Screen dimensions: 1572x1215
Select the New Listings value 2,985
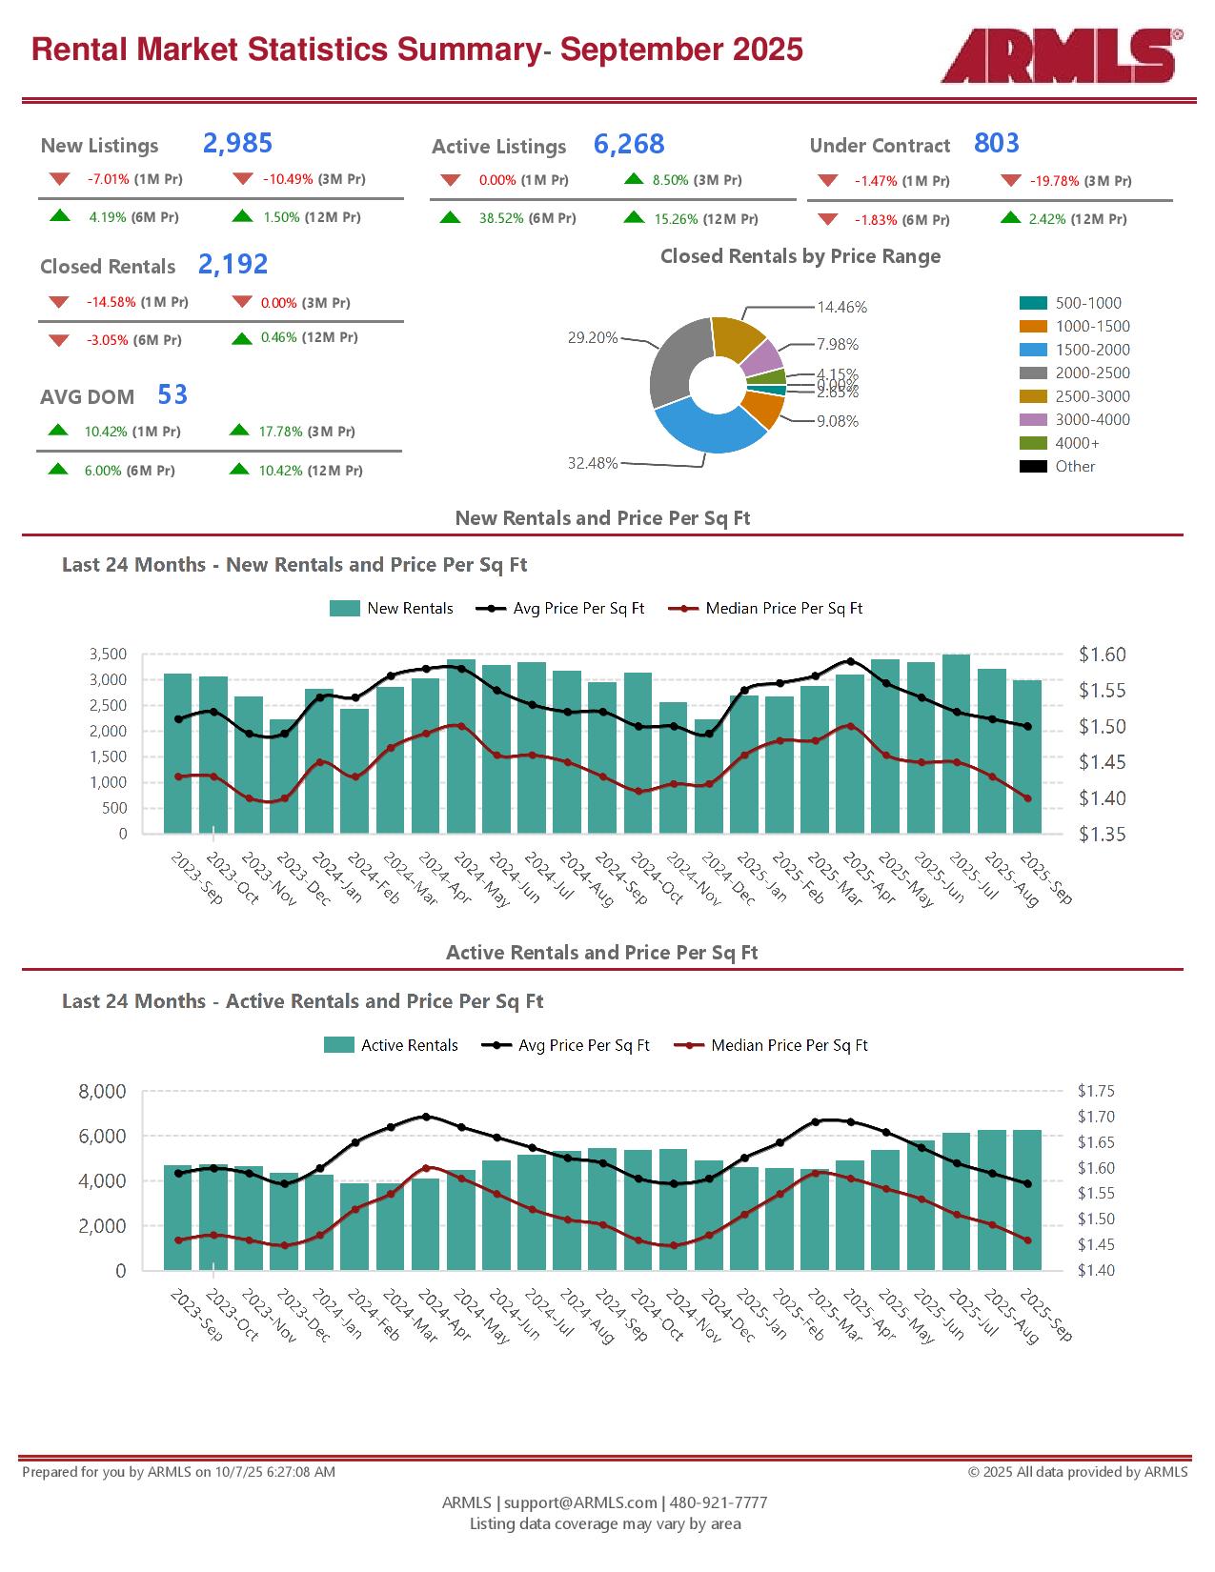(237, 144)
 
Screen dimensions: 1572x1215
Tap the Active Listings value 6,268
(629, 145)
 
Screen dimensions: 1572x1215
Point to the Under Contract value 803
(997, 144)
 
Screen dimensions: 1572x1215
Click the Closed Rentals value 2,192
(233, 265)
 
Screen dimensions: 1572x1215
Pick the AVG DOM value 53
(172, 395)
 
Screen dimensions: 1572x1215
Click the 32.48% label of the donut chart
(593, 464)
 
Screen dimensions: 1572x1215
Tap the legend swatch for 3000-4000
(1033, 420)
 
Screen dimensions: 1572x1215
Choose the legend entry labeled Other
(1075, 467)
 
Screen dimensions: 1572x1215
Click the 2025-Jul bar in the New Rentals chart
(956, 743)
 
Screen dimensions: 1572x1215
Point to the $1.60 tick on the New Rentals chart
(1103, 655)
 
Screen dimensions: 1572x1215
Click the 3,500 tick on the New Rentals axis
(108, 655)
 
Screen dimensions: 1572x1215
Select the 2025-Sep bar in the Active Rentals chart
(1027, 1199)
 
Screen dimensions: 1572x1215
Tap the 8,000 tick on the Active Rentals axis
(101, 1092)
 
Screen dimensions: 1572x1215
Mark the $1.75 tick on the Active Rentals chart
(1096, 1092)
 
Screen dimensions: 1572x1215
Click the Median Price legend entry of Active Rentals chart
(789, 1046)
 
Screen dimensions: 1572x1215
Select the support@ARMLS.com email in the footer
(580, 1502)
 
